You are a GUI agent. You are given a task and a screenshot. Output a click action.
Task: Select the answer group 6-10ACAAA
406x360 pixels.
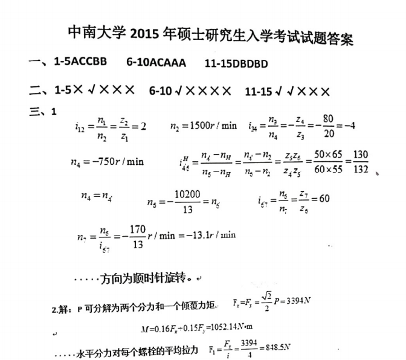pyautogui.click(x=156, y=62)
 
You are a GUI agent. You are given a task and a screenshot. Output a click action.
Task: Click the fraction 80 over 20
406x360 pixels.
pyautogui.click(x=329, y=126)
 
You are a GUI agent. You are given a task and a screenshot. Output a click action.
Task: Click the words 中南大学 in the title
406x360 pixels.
pyautogui.click(x=98, y=33)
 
